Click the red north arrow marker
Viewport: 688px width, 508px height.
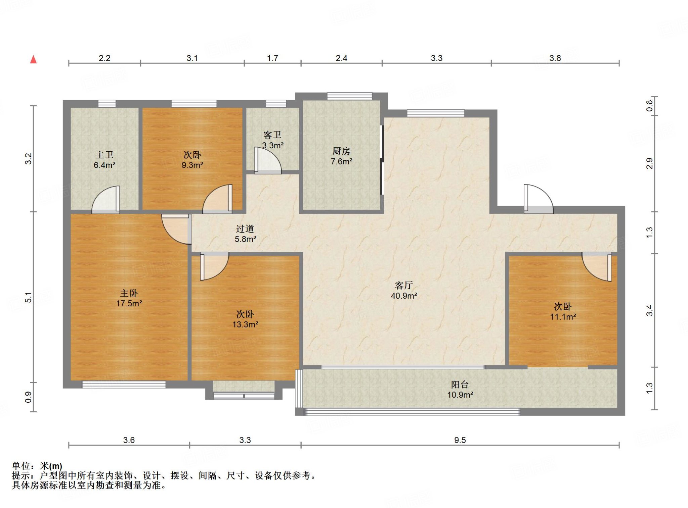click(33, 60)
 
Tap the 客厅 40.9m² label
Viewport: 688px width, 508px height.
click(404, 290)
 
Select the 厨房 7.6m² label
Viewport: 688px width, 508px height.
click(341, 156)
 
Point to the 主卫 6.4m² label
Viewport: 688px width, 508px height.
click(104, 160)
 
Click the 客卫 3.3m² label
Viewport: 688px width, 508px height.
click(272, 140)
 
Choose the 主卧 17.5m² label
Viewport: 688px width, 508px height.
click(129, 298)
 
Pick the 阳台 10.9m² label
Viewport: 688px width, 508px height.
click(460, 389)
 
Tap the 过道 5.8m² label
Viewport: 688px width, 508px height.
click(245, 234)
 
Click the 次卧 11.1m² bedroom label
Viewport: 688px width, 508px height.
click(563, 311)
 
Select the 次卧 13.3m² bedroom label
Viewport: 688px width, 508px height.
click(245, 319)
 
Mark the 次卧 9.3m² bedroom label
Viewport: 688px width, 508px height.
click(192, 160)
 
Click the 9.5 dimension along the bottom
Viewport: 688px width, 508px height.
click(460, 440)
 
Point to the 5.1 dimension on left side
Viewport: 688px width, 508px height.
click(29, 297)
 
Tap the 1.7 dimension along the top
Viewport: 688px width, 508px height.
click(272, 58)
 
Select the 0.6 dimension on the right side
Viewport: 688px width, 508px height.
click(649, 106)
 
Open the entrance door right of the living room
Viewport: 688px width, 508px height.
click(538, 199)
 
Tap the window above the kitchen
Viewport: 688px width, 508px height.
click(349, 96)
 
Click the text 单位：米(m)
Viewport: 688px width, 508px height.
click(37, 466)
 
